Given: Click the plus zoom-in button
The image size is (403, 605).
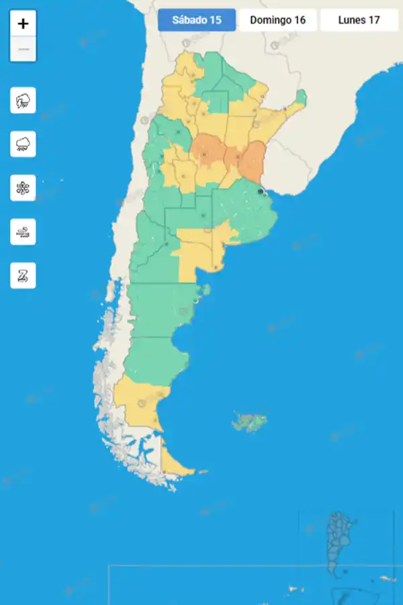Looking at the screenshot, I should (x=24, y=24).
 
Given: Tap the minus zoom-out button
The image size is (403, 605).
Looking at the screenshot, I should (x=24, y=49).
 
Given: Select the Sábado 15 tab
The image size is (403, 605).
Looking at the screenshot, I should (x=197, y=19).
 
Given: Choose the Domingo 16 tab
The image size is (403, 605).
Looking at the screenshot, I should (x=277, y=19).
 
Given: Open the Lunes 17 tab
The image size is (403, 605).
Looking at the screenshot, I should (x=359, y=19).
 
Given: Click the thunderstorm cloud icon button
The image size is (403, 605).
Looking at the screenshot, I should (x=24, y=102).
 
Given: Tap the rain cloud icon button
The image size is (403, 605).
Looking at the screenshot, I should (x=24, y=145).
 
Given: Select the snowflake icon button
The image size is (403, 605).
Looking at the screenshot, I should (x=24, y=188).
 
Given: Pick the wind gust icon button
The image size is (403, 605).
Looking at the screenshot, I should (x=24, y=232).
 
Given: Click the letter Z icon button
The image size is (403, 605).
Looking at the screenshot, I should (x=24, y=275).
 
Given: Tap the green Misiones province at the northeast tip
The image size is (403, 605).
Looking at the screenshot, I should (x=301, y=97).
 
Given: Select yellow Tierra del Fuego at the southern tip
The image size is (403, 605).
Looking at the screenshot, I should (x=173, y=461).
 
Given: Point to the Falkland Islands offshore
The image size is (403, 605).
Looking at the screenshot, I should (x=251, y=421).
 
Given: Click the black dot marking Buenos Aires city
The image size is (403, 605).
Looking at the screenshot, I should (x=261, y=191).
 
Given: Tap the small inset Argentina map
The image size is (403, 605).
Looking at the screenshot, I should (x=341, y=544).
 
